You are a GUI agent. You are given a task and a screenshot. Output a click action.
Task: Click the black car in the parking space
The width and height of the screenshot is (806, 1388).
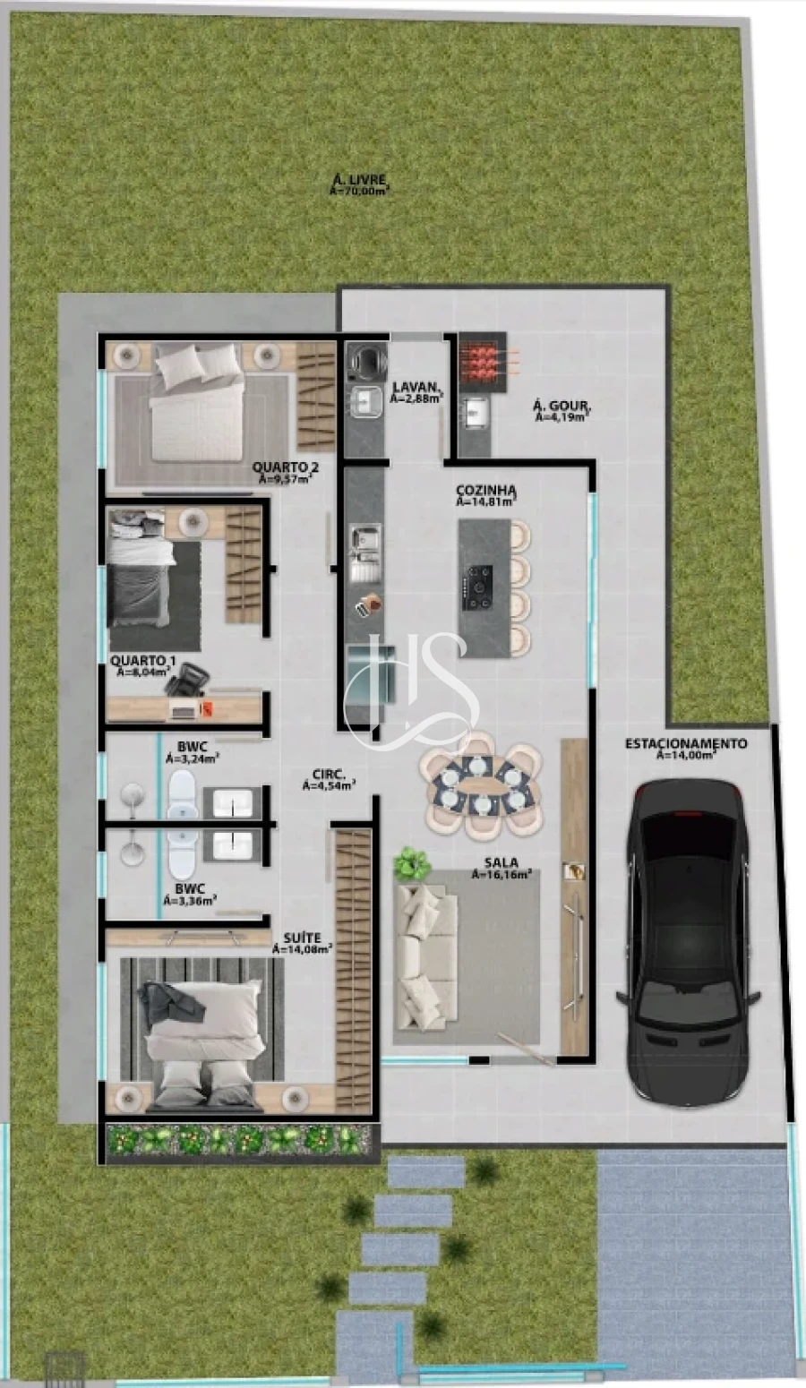tap(688, 940)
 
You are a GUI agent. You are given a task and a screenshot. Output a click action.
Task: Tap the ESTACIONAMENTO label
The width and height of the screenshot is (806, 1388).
tap(685, 743)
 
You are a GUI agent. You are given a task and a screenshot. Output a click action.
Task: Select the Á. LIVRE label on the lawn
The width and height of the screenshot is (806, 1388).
tap(359, 180)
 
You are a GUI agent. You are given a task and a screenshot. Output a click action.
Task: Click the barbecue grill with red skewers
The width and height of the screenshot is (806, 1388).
tap(482, 359)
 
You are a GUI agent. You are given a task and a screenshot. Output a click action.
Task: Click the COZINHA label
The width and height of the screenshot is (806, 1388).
tap(486, 491)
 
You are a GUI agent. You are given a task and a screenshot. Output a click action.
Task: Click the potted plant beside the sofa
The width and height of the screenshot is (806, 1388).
tap(412, 863)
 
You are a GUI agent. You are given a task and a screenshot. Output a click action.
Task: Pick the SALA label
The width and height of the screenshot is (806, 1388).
tap(501, 863)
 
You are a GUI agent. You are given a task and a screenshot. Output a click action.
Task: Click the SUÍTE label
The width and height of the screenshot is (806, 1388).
tap(301, 938)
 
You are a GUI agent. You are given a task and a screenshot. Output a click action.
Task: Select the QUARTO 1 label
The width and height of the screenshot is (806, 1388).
tap(143, 661)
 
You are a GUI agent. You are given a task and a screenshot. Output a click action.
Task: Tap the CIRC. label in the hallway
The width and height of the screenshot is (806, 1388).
tap(329, 775)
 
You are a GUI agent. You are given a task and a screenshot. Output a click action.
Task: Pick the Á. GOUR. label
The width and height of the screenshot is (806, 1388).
tap(562, 407)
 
